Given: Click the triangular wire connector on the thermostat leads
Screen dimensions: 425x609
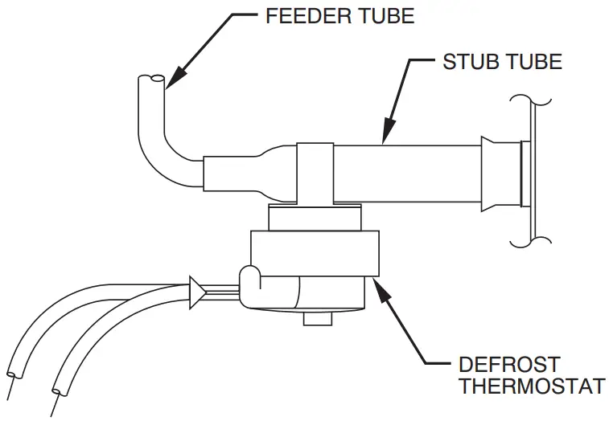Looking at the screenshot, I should tap(196, 292).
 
